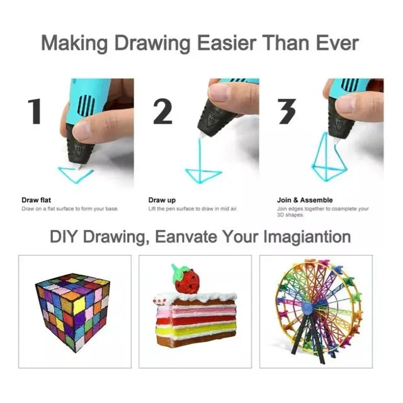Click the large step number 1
pos(35,111)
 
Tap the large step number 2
pos(162,111)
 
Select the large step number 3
pos(287,111)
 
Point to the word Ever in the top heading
pos(337,43)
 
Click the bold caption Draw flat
pos(37,200)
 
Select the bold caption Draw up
pos(162,200)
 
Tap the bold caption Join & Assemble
pos(305,200)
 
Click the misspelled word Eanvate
pos(186,236)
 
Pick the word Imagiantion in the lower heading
pos(307,237)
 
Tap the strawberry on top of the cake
pos(186,278)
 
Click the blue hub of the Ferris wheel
pos(307,307)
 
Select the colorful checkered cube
pos(73,312)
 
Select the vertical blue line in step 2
pos(200,157)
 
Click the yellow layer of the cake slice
pos(196,329)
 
